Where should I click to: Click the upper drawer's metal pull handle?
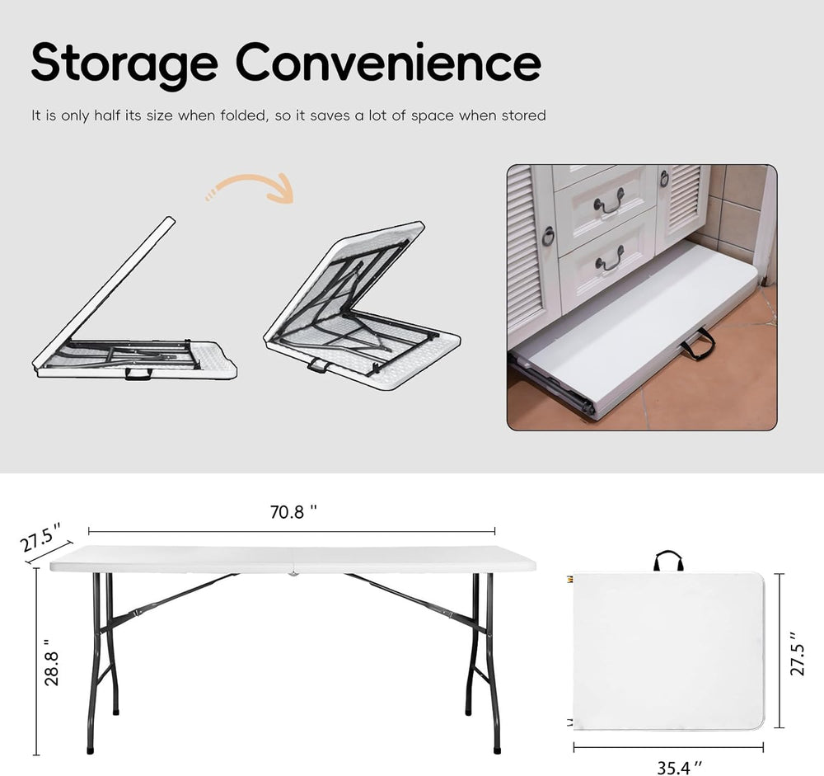pos(609,201)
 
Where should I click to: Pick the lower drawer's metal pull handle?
pos(609,260)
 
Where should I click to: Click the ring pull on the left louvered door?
pos(548,237)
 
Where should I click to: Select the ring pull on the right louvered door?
pos(664,177)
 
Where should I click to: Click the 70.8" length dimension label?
pos(293,512)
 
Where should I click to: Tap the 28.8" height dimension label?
pos(52,662)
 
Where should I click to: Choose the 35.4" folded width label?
pos(674,766)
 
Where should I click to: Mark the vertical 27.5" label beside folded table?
pos(794,654)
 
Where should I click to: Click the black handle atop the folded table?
pos(668,561)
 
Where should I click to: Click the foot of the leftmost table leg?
pos(90,750)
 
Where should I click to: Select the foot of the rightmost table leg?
pos(497,750)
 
